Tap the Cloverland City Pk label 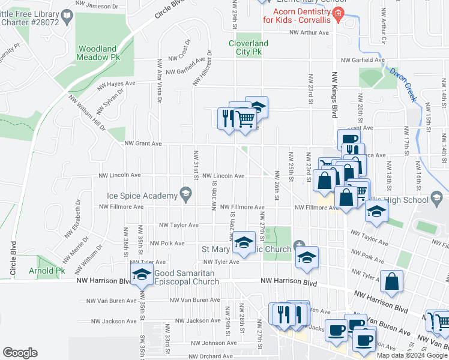249,47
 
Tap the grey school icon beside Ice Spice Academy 185,194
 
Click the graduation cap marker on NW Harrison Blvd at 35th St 142,275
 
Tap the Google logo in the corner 20,353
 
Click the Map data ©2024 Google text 412,356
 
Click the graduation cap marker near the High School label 376,212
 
